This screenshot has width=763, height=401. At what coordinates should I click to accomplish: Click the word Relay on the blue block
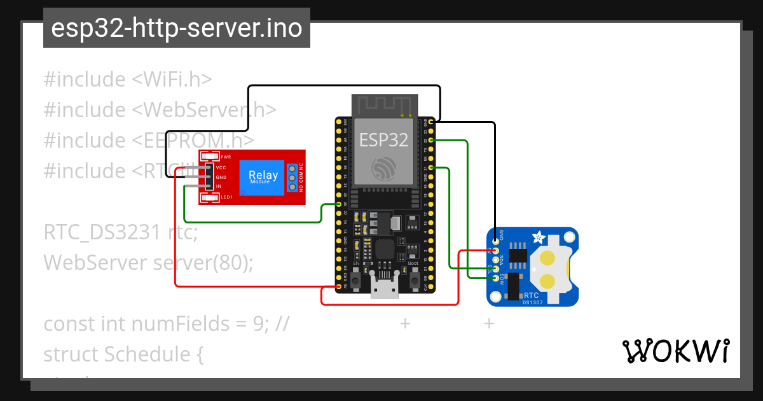(263, 174)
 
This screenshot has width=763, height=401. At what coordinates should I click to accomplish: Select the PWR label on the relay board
(226, 157)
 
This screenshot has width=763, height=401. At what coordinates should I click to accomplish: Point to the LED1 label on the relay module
(226, 197)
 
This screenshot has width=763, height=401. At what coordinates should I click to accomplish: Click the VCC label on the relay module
(221, 168)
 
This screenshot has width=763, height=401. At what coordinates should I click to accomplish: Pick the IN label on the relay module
(219, 186)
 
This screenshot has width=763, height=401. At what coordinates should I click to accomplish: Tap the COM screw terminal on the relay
(292, 178)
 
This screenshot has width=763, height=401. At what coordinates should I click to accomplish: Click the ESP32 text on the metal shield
(383, 139)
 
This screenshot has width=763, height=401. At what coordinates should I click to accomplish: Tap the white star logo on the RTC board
(538, 238)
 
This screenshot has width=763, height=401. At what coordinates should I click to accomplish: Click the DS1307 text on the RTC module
(532, 302)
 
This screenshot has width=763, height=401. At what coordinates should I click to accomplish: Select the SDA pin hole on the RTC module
(497, 260)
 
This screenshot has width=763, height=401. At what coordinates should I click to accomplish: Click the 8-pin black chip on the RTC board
(519, 256)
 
